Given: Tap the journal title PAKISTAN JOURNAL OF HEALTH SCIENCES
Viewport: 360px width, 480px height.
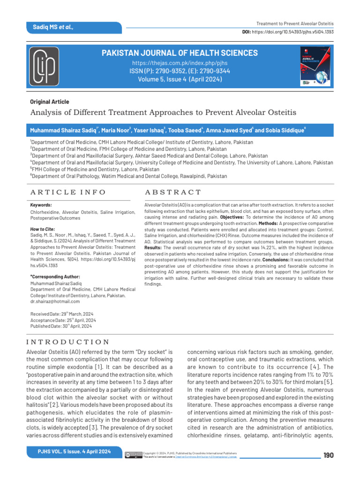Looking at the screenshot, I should [x=180, y=53].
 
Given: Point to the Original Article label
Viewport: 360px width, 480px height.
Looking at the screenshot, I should [x=49, y=102].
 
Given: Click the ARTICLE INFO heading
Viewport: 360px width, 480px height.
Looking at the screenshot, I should [x=67, y=192].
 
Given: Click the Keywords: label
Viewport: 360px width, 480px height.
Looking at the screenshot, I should [x=41, y=205].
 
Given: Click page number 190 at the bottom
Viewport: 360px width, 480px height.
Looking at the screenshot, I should [x=329, y=455].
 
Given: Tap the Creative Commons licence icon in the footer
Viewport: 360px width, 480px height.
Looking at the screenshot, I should [x=133, y=455].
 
